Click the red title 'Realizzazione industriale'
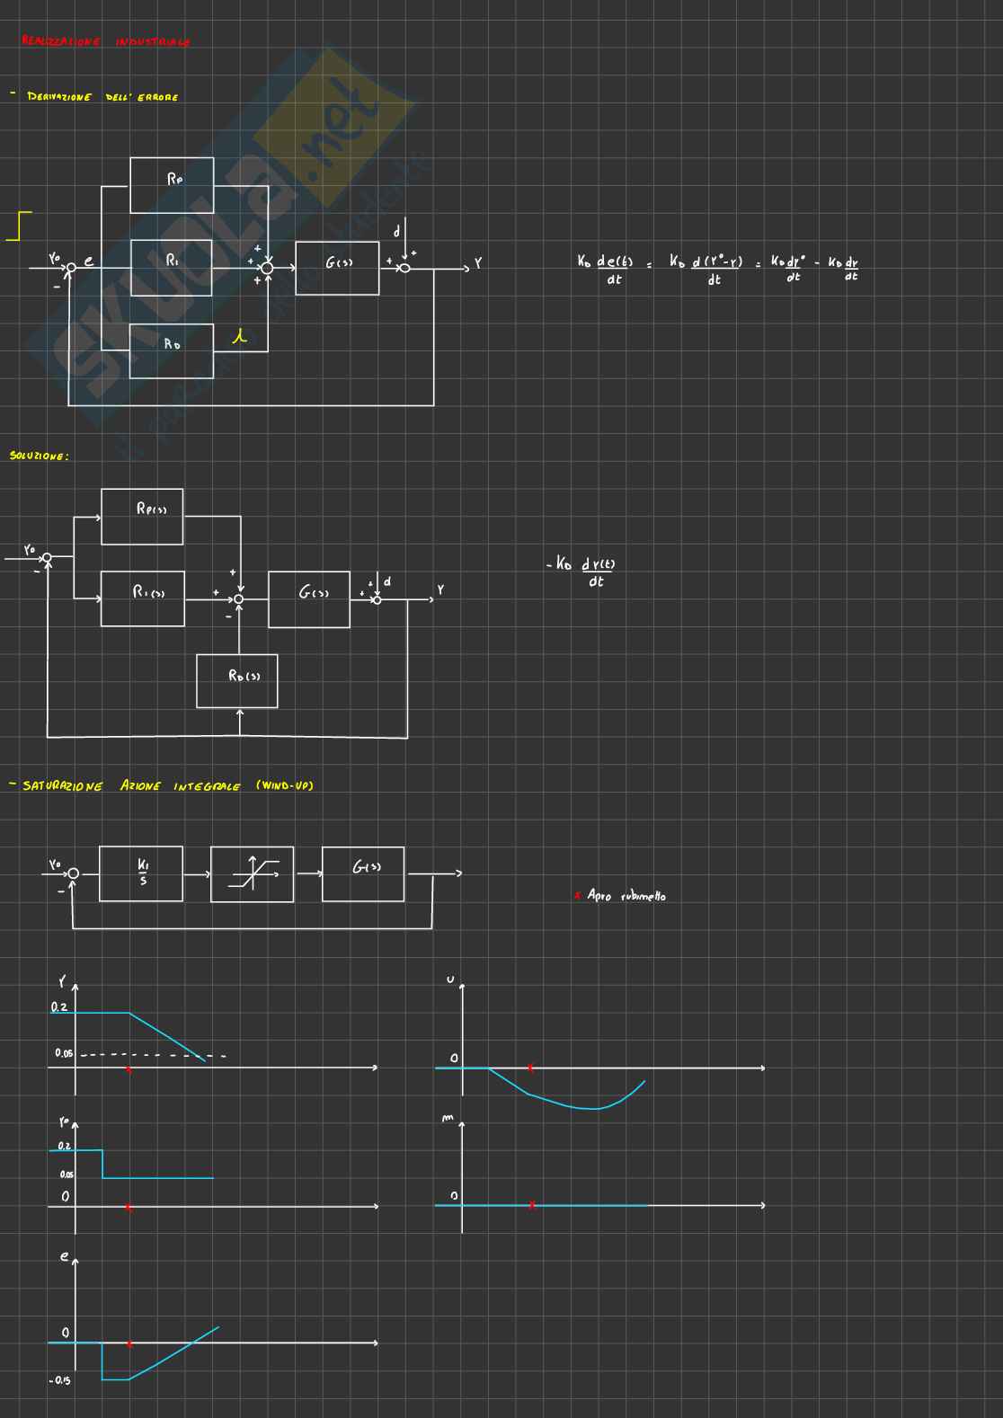point(105,42)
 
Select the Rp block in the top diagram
point(173,185)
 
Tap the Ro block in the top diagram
point(172,350)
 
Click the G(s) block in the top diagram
point(338,268)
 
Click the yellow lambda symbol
point(239,338)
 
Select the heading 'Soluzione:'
point(39,456)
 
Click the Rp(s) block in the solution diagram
point(142,517)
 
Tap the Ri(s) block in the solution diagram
point(143,598)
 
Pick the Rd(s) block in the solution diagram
point(237,680)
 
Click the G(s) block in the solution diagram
point(309,599)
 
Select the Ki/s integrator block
point(141,873)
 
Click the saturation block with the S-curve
point(252,873)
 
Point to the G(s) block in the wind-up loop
point(363,873)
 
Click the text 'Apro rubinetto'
point(626,896)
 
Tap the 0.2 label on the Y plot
point(59,1007)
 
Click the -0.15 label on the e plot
point(60,1380)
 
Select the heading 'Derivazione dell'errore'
point(102,97)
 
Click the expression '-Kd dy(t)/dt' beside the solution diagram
point(585,572)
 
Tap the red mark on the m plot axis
point(532,1205)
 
